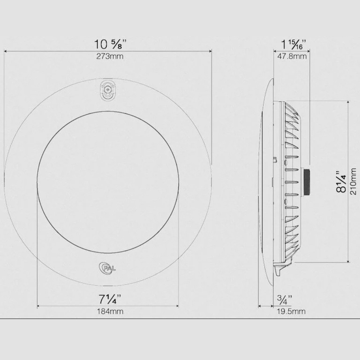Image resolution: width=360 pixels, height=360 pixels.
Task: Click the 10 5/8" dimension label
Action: tap(110, 44)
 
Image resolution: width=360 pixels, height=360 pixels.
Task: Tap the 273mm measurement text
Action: tap(110, 56)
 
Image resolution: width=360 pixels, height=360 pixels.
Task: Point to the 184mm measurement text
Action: tap(110, 311)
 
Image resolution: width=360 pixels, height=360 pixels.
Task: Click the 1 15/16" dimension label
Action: tap(294, 44)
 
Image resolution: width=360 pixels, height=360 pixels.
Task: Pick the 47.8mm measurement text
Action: tap(292, 56)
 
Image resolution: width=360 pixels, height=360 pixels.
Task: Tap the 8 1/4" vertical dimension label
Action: tap(341, 181)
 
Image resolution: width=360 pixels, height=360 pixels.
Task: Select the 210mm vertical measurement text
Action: tap(353, 181)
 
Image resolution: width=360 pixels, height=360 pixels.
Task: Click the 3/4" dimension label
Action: tap(285, 299)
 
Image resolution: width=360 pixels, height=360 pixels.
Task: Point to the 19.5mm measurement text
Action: tap(291, 311)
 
